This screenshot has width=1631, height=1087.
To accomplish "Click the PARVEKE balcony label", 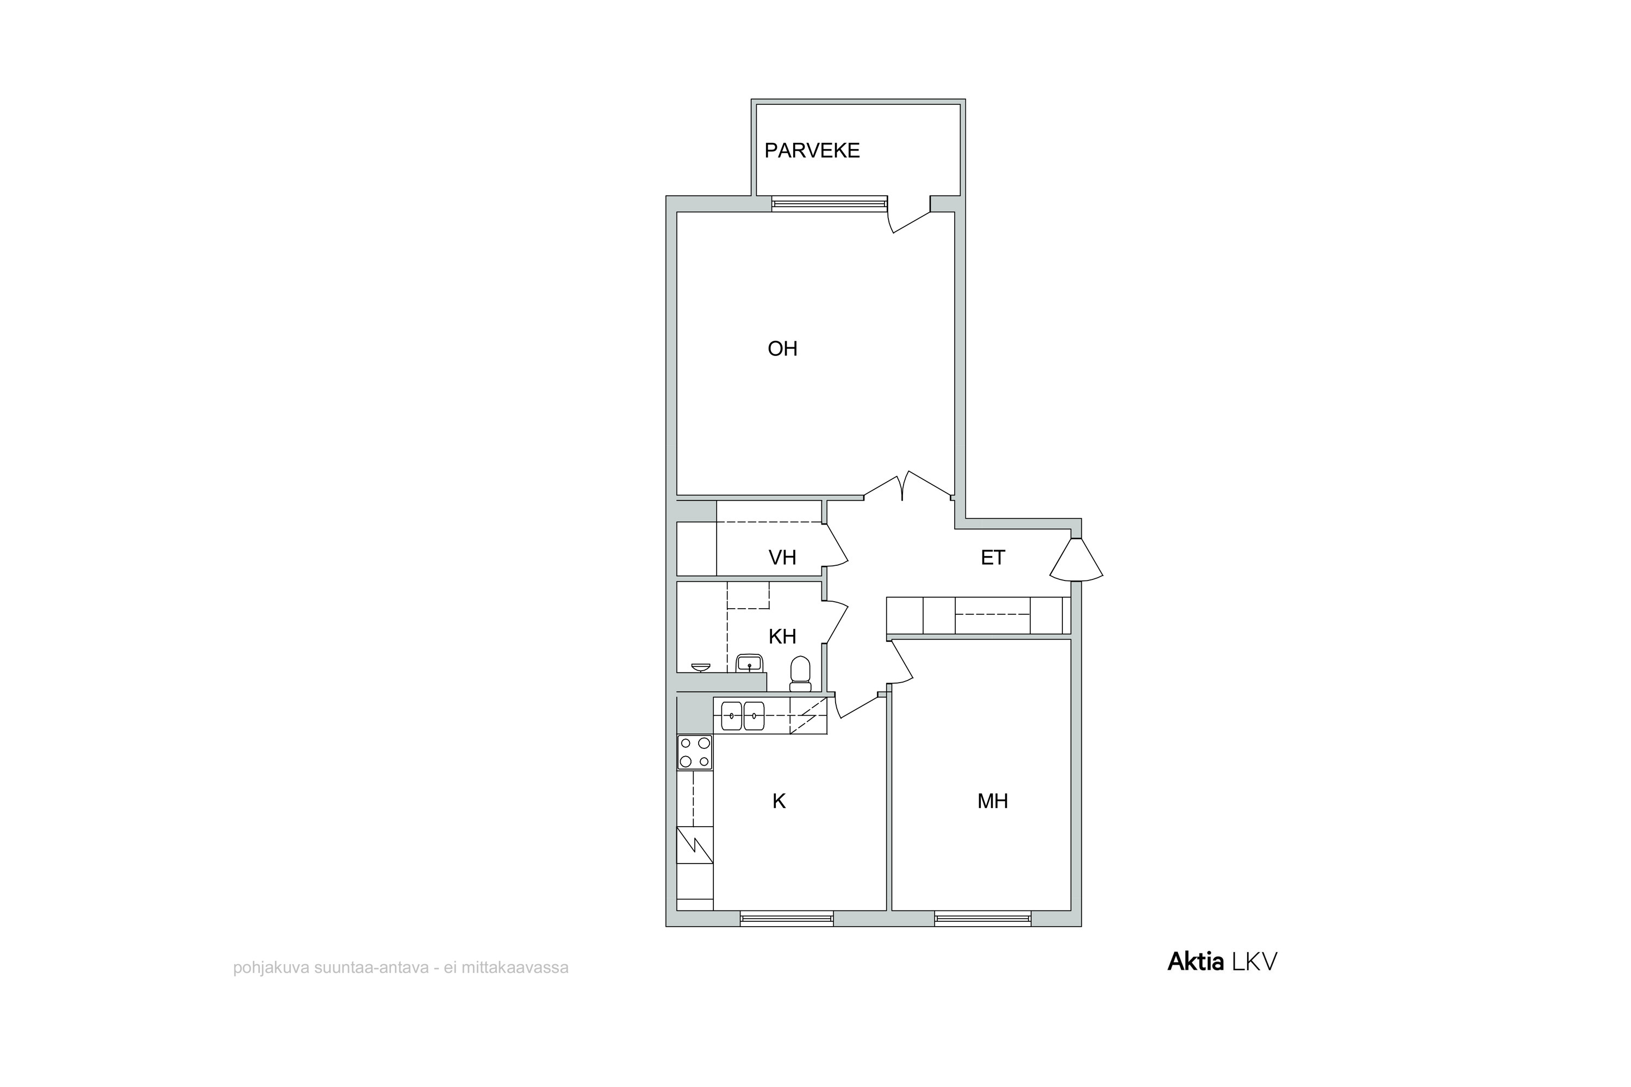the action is click(x=812, y=151).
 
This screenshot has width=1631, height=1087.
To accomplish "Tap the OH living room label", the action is click(x=782, y=349).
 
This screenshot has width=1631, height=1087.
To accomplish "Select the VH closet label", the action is click(x=782, y=558).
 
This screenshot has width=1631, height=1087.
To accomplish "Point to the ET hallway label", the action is click(x=992, y=558).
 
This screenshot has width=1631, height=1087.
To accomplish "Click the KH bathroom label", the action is click(x=782, y=636).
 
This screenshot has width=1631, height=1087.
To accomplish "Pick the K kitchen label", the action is click(x=779, y=801).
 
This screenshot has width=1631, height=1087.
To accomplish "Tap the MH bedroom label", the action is click(x=992, y=801).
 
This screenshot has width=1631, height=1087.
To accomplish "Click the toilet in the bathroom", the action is click(x=800, y=674).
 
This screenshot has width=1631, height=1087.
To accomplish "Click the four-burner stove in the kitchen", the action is click(x=695, y=752).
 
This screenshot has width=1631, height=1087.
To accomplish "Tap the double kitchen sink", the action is click(x=743, y=716).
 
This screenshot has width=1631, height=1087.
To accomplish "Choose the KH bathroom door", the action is click(x=836, y=622).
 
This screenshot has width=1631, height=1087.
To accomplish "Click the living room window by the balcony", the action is click(x=830, y=204).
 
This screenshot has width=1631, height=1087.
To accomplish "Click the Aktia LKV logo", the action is click(x=1222, y=961).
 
